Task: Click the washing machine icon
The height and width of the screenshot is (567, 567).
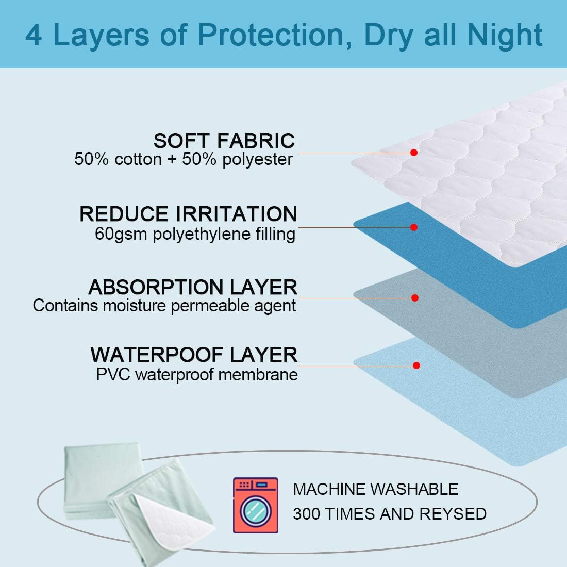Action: click(255, 505)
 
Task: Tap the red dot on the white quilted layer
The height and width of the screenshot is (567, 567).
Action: click(413, 153)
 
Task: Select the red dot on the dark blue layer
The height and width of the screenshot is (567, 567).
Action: click(413, 227)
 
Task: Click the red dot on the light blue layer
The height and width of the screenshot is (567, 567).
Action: click(416, 365)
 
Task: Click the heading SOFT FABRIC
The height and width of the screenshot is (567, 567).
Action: click(224, 141)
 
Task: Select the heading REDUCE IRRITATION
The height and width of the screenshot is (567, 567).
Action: click(188, 214)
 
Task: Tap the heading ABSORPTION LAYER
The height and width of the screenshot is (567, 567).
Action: click(193, 287)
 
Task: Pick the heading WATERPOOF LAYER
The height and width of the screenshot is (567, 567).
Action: click(194, 355)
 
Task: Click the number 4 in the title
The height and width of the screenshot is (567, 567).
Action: click(34, 35)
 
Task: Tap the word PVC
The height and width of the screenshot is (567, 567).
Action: click(113, 374)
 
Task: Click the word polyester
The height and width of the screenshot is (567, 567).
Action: click(257, 159)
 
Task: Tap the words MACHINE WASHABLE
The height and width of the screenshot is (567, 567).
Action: click(375, 489)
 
